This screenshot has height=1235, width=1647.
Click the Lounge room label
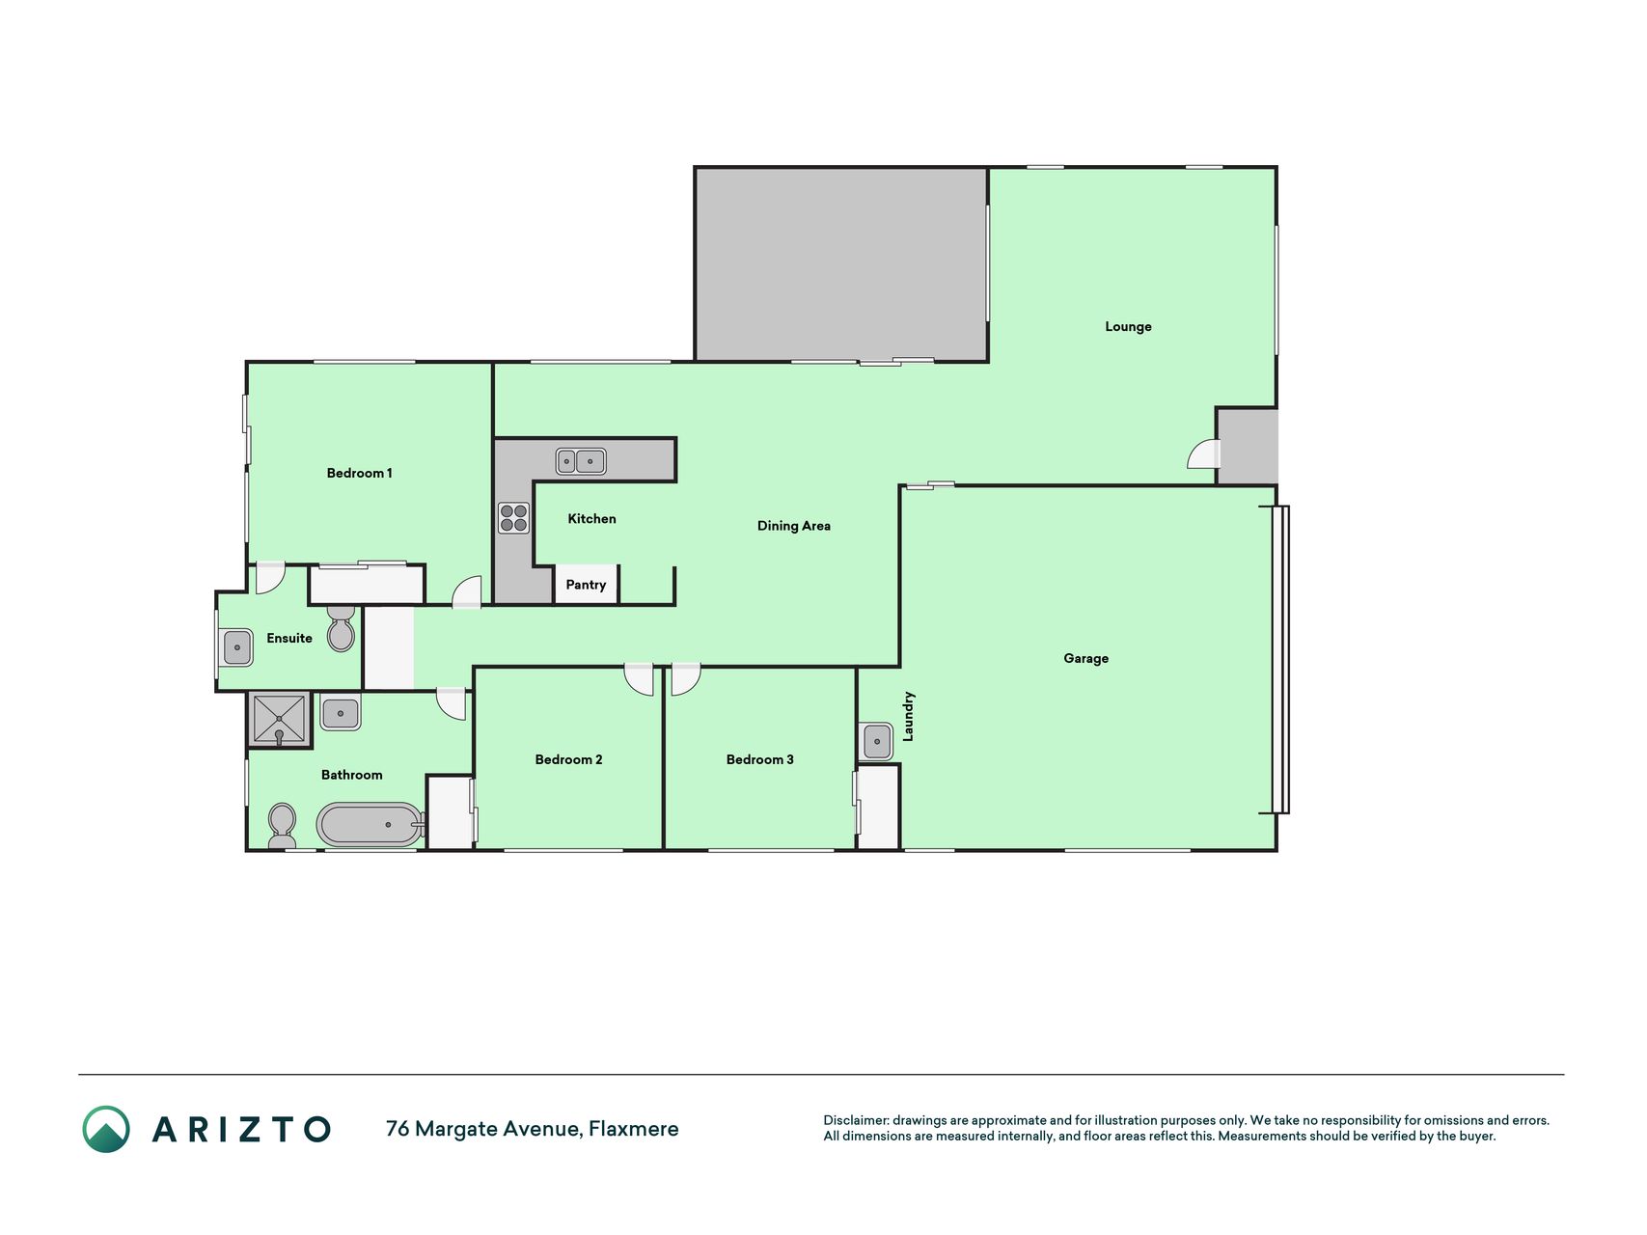(1128, 327)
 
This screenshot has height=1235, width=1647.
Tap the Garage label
(1085, 658)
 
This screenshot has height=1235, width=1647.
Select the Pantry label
(586, 585)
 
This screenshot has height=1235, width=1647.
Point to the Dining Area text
(793, 526)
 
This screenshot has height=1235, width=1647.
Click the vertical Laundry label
(908, 716)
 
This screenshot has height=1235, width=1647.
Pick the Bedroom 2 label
(568, 759)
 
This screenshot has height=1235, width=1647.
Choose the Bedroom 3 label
(759, 759)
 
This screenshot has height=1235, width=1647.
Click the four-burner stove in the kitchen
(513, 518)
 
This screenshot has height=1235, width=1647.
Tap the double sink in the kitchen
(581, 461)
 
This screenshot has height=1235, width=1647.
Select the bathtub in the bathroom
(371, 825)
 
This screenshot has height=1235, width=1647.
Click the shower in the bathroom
(279, 720)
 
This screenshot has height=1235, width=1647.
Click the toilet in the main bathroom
(282, 826)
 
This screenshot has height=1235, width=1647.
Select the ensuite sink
(236, 647)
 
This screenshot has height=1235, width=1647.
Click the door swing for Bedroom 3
(686, 679)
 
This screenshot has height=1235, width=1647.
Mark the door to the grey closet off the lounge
(1204, 453)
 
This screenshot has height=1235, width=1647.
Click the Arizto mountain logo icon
(106, 1129)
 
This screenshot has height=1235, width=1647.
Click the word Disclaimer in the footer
(856, 1120)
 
